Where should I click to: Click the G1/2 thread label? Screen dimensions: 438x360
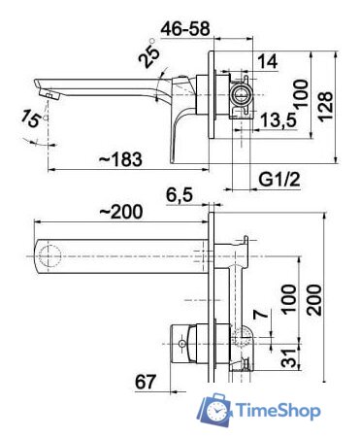[278, 180]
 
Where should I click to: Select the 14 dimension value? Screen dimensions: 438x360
[269, 63]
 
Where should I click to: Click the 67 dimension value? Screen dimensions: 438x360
[147, 383]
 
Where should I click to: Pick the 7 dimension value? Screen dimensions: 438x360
[258, 314]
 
